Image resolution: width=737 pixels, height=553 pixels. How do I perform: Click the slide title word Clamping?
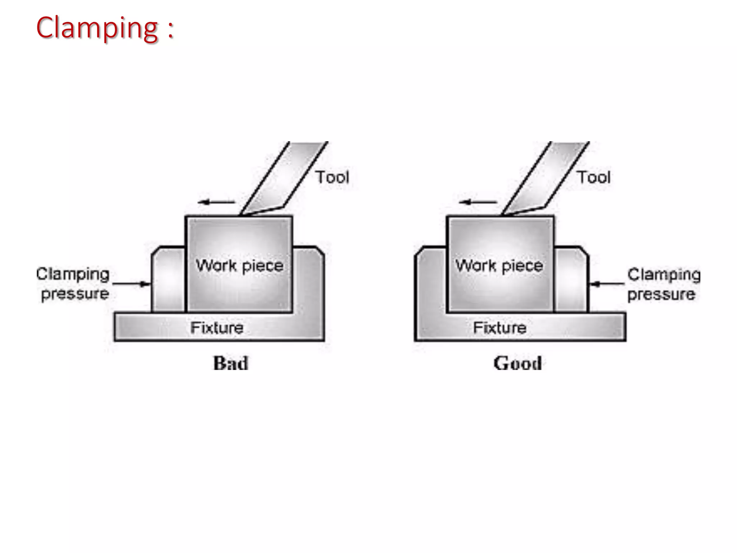coord(97,28)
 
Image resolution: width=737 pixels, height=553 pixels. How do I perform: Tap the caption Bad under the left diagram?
coord(231,363)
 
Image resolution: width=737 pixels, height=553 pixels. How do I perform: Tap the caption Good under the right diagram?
coord(517,363)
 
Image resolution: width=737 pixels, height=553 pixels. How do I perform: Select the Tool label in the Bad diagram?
coord(333,177)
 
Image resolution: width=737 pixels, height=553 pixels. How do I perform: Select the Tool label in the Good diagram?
coord(594,177)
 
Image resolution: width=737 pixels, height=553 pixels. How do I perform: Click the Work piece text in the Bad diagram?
coord(240,266)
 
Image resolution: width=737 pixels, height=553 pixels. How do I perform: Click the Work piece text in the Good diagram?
coord(499,266)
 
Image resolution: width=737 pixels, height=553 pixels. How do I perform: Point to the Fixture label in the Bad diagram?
coord(217,328)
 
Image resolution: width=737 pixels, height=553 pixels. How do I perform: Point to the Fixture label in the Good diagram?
coord(500,328)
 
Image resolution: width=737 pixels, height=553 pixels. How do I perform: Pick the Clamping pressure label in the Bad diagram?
coord(73,284)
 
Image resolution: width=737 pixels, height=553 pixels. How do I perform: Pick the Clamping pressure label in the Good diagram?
coord(664,284)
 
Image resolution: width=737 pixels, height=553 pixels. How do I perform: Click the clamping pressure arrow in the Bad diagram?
coord(131,284)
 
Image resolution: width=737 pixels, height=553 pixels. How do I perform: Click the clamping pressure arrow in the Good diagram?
coord(607,284)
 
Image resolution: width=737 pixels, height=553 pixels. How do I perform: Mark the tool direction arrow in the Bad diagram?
coord(216,202)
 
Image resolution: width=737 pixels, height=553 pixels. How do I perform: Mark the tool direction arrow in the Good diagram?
coord(478,202)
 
